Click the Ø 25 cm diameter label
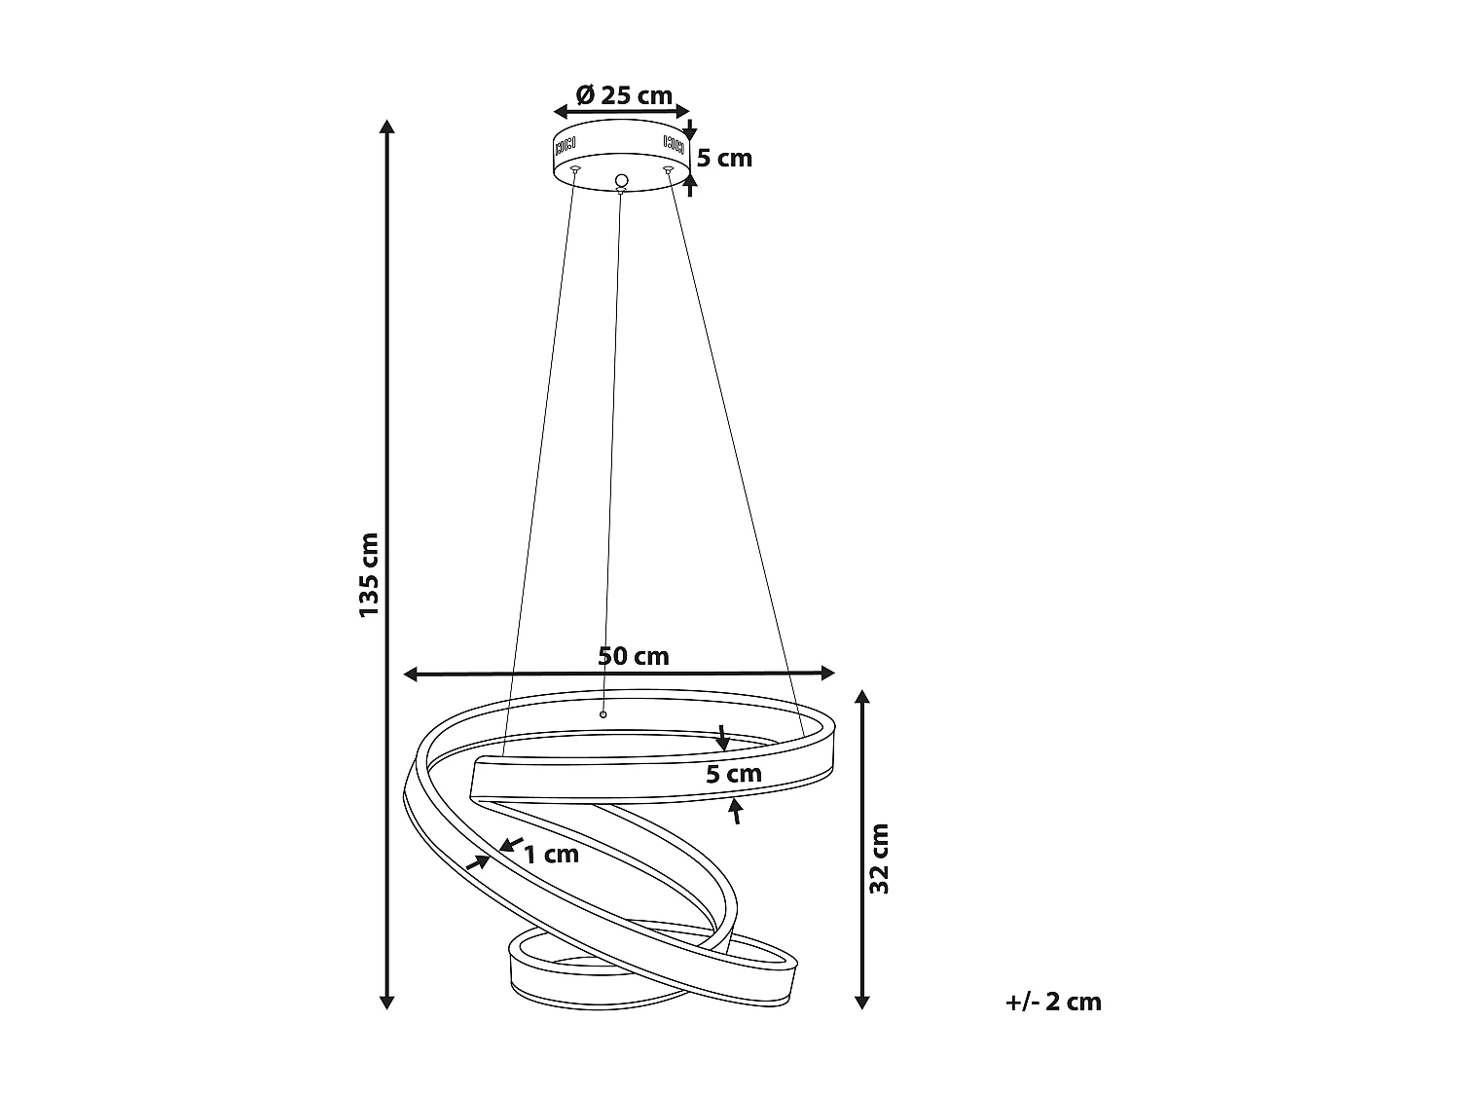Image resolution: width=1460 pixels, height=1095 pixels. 624,95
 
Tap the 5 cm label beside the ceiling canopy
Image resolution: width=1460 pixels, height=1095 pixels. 724,158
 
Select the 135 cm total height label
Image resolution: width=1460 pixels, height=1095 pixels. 369,574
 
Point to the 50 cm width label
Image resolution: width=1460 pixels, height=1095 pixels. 634,656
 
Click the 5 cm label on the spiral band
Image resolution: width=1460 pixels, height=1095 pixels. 734,775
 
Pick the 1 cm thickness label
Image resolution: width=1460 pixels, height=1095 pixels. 552,855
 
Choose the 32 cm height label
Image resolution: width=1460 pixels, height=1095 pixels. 880,858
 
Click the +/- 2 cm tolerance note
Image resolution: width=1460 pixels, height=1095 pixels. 1053,1002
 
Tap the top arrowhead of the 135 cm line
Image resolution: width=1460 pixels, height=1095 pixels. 387,128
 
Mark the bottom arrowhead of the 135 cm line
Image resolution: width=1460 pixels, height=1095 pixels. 387,1002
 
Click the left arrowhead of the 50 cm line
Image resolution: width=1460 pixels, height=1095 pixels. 412,673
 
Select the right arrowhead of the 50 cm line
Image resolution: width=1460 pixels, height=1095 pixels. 828,673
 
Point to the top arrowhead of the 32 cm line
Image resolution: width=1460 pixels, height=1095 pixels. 861,697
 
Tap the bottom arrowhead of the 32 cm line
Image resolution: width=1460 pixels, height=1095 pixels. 861,1002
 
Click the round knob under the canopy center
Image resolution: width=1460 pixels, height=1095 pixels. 621,181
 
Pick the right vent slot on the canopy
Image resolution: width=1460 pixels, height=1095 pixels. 674,144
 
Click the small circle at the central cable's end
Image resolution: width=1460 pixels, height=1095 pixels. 602,715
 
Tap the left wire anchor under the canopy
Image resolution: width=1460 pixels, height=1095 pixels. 575,171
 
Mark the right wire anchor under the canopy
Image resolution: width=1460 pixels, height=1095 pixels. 668,171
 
